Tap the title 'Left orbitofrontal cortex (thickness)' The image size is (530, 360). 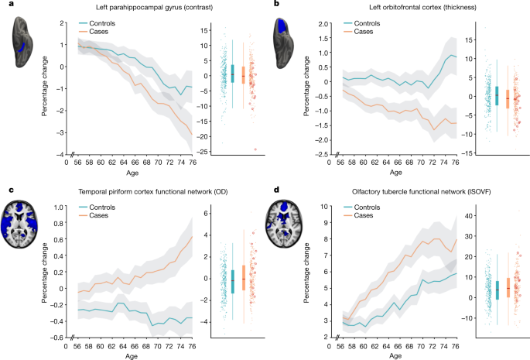394,6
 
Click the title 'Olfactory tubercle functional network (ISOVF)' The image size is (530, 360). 395,190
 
